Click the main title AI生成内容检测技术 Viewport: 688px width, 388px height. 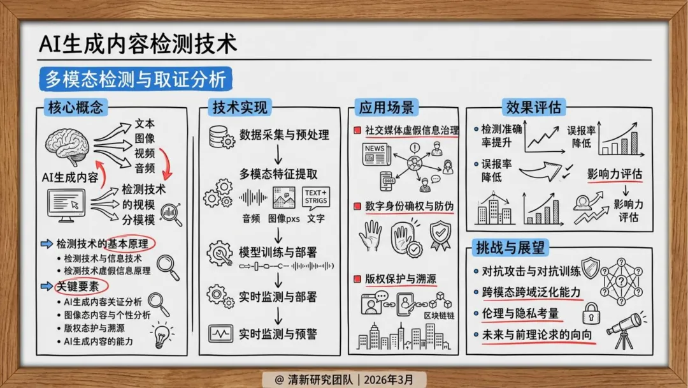coord(138,44)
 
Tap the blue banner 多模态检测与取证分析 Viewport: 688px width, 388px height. coord(135,79)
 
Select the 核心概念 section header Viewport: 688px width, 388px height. coord(75,107)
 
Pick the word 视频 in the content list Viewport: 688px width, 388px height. coord(145,154)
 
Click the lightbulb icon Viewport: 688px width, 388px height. coord(162,334)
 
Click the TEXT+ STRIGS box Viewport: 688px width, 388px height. coord(315,197)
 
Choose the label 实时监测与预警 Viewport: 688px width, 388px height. coord(278,334)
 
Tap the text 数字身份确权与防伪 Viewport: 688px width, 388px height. coord(409,206)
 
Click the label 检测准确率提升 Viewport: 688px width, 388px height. coord(501,135)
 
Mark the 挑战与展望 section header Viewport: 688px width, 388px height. coord(511,248)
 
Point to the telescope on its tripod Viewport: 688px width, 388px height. coord(625,329)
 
